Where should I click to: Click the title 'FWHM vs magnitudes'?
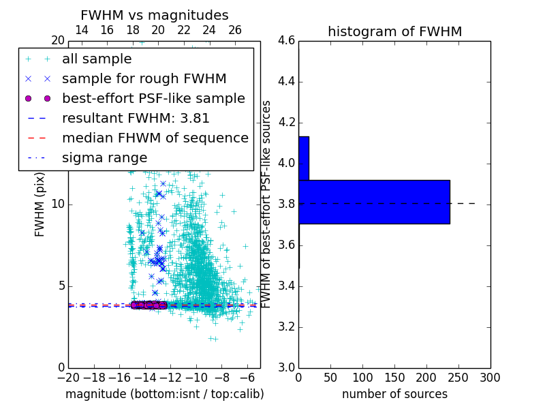pyautogui.click(x=154, y=15)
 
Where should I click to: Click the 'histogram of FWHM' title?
pyautogui.click(x=394, y=31)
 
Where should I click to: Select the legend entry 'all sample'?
pyautogui.click(x=97, y=59)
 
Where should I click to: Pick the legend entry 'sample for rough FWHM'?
pyautogui.click(x=144, y=79)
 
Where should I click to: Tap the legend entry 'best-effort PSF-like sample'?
pyautogui.click(x=153, y=99)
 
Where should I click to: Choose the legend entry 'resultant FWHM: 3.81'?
pyautogui.click(x=136, y=119)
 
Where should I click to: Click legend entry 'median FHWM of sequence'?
pyautogui.click(x=155, y=138)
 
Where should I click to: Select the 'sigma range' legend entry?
pyautogui.click(x=104, y=158)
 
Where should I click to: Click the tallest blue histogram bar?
pyautogui.click(x=374, y=202)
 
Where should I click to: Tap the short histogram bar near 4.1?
pyautogui.click(x=304, y=158)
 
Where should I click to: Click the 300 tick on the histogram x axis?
pyautogui.click(x=490, y=378)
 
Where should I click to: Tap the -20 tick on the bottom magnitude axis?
pyautogui.click(x=68, y=378)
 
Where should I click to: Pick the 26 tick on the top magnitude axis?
pyautogui.click(x=235, y=30)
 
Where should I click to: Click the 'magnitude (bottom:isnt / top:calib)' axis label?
pyautogui.click(x=164, y=394)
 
